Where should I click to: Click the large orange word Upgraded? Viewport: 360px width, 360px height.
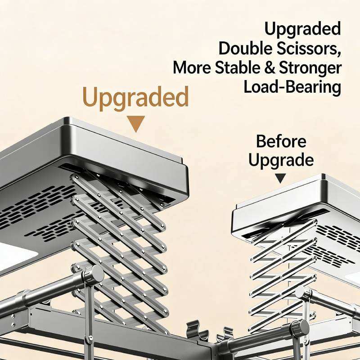(x=135, y=98)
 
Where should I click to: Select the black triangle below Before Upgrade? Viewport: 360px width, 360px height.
(x=280, y=178)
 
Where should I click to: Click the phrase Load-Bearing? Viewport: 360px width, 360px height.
(x=292, y=87)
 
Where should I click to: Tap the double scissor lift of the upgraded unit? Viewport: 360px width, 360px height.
(x=119, y=243)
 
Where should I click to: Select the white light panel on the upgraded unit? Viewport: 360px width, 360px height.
(x=16, y=254)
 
